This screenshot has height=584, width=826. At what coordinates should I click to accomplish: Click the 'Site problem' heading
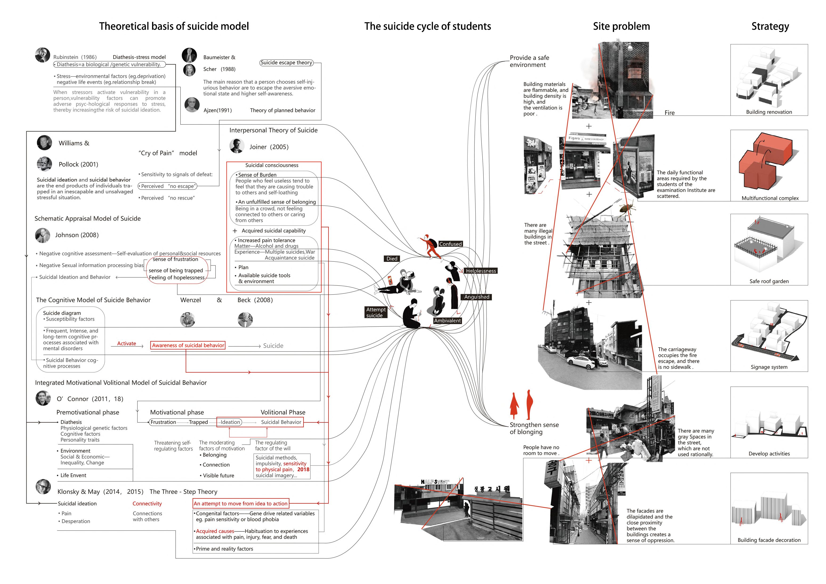(621, 26)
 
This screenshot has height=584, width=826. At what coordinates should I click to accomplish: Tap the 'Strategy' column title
(770, 26)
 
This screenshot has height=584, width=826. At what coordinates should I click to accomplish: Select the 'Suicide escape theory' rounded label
(286, 63)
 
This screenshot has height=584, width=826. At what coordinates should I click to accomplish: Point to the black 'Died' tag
(392, 259)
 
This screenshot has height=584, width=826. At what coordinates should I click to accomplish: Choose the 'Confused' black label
(450, 244)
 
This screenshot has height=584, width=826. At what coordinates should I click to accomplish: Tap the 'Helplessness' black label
(481, 271)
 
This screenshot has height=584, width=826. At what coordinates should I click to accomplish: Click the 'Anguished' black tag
(477, 297)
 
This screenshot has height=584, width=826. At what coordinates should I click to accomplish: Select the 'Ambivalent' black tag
(447, 320)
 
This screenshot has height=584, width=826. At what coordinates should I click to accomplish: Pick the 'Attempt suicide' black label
(376, 312)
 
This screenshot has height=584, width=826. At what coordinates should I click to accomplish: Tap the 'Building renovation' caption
(769, 112)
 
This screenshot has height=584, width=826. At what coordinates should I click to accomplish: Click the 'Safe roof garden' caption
(769, 281)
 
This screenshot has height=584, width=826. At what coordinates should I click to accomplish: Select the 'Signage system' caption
(769, 367)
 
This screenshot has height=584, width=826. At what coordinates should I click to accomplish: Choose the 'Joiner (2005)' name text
(269, 147)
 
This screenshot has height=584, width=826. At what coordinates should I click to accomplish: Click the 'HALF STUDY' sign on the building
(435, 482)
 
